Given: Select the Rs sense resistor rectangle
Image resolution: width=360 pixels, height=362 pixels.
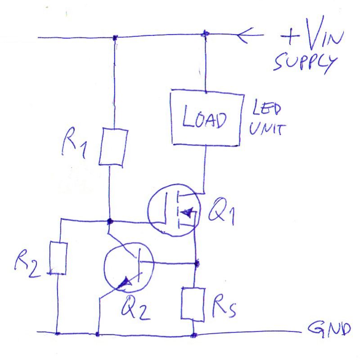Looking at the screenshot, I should [x=193, y=304].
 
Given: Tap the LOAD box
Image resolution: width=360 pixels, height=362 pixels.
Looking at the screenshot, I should [x=206, y=119].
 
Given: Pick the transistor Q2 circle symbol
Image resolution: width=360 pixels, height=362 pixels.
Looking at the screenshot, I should [x=128, y=270].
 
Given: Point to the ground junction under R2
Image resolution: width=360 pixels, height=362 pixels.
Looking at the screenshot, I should [x=57, y=333].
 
